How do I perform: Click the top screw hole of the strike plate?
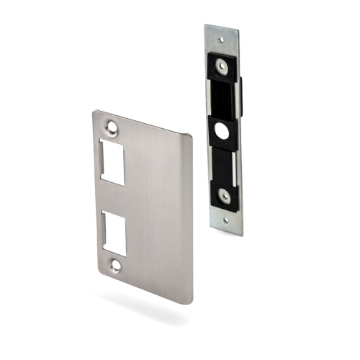click(112, 127)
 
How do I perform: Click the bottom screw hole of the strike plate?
click(116, 266)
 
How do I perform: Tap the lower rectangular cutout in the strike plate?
click(114, 233)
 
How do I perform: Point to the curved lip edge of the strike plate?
click(189, 216)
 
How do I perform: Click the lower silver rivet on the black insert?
click(225, 195)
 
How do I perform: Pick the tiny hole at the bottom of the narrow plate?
click(227, 220)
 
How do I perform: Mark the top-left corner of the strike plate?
click(94, 111)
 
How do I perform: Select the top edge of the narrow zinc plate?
click(222, 28)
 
